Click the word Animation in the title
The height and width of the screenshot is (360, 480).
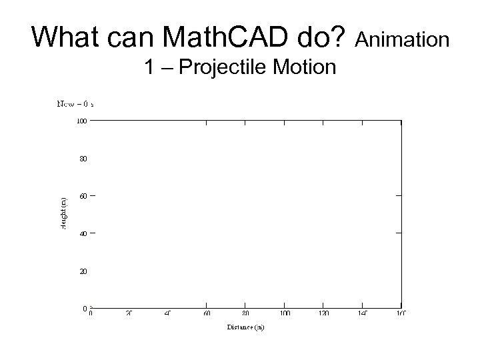(403, 40)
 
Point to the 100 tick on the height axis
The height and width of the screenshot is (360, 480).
(81, 121)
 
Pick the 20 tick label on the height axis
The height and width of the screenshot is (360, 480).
(82, 271)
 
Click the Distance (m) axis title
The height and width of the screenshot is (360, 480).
(245, 327)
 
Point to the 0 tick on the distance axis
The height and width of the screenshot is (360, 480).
(91, 313)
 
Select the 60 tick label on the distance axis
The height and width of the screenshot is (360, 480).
(207, 313)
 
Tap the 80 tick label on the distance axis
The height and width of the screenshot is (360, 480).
(246, 313)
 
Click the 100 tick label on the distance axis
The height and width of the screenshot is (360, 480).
(285, 313)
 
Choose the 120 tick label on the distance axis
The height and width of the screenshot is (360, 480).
(323, 313)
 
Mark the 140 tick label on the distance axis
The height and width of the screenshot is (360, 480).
(362, 313)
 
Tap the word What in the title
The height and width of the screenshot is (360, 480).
(63, 38)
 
